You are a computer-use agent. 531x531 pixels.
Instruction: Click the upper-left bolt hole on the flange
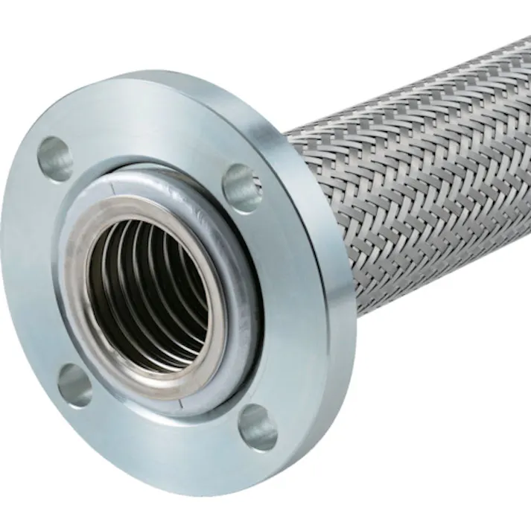[x=56, y=159]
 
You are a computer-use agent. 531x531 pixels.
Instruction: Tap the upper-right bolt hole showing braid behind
[x=242, y=186]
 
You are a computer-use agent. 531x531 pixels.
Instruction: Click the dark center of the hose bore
[x=160, y=298]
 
